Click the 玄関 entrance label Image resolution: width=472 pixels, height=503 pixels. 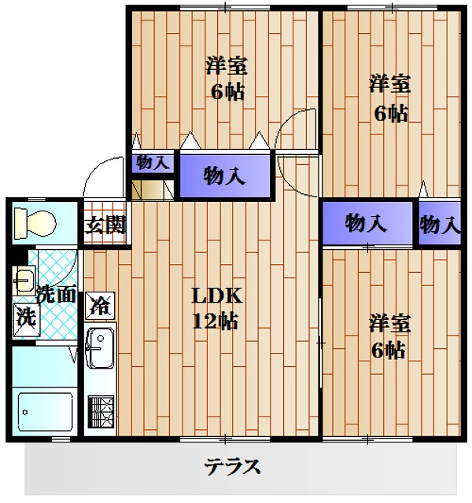pos(105,225)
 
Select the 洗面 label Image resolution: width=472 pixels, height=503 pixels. pos(56,295)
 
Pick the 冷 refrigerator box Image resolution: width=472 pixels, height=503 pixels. pos(100,303)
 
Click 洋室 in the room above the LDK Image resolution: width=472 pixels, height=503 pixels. pos(227,65)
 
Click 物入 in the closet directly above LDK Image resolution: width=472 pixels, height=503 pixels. pos(224,175)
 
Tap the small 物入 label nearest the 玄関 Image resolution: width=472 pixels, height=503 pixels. pos(153,163)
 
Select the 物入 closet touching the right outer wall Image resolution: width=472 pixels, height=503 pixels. pos(439,225)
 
